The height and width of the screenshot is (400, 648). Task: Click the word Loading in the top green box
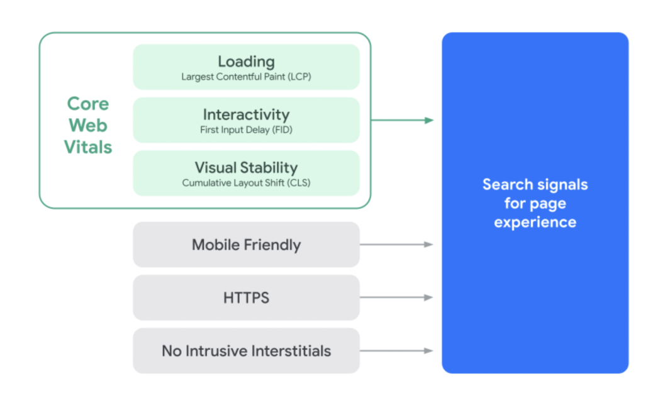tap(246, 62)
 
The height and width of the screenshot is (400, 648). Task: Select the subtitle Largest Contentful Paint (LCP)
tap(246, 77)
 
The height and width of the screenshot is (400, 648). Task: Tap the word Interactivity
tap(246, 114)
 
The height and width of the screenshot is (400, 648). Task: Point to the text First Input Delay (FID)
tap(246, 130)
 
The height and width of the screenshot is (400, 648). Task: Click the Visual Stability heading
tap(246, 168)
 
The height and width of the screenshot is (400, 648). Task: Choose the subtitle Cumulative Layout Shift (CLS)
tap(246, 183)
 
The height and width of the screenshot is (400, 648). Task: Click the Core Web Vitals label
tap(88, 125)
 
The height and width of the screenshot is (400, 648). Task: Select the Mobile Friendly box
tap(246, 245)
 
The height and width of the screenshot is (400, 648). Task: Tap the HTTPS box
tap(246, 297)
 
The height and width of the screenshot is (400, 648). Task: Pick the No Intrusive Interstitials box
tap(246, 351)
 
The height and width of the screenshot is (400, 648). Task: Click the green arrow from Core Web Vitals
tap(402, 120)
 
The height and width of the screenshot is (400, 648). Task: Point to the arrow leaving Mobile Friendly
tap(396, 244)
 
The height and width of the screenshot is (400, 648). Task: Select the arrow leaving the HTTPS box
tap(396, 297)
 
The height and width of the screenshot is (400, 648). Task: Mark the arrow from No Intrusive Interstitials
tap(396, 351)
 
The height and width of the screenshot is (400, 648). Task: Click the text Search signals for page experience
tap(535, 203)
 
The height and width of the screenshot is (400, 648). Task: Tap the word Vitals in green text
tap(88, 147)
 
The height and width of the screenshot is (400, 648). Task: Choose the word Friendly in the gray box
tap(271, 245)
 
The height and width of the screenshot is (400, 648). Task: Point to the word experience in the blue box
tap(535, 222)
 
